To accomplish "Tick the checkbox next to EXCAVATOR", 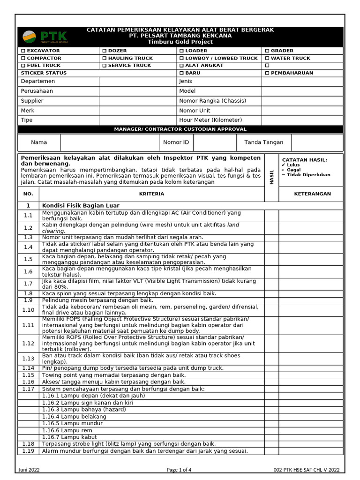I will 23,51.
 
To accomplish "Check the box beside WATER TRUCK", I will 267,58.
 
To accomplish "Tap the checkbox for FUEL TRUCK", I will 23,66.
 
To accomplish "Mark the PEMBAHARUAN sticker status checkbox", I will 267,73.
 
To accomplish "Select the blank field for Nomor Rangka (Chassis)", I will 302,101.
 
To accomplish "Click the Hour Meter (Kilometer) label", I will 210,120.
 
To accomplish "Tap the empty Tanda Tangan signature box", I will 317,142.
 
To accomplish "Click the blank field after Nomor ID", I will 214,142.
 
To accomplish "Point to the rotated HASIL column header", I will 271,177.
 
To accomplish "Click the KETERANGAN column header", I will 312,194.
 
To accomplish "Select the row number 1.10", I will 28,310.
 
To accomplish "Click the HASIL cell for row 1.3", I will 271,238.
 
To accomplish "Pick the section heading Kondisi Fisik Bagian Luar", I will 81,205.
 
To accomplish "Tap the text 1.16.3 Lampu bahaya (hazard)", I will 84,409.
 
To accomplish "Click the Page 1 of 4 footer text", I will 179,470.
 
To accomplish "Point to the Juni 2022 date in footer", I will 29,470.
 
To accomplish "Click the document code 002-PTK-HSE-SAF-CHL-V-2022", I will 307,470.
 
